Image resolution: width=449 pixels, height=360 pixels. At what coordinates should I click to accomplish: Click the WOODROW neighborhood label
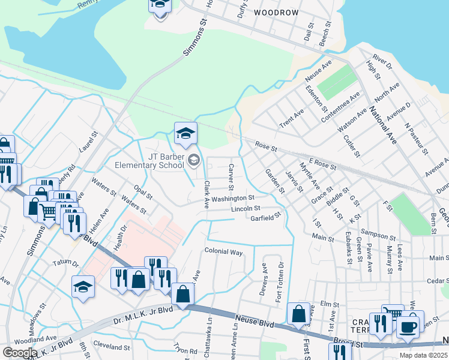(x=276, y=12)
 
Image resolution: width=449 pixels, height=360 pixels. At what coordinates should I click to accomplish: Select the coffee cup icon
(x=408, y=327)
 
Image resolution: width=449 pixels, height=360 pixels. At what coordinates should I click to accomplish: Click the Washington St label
(x=233, y=198)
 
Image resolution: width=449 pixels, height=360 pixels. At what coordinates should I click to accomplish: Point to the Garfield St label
(x=266, y=218)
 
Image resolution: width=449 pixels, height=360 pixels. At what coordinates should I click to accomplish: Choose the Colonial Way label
(x=224, y=252)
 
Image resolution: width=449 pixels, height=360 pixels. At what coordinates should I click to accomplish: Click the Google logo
(x=20, y=352)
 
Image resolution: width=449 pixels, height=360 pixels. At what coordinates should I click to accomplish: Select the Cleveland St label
(x=112, y=347)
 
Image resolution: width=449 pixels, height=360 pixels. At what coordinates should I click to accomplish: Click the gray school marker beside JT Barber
(x=193, y=160)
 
